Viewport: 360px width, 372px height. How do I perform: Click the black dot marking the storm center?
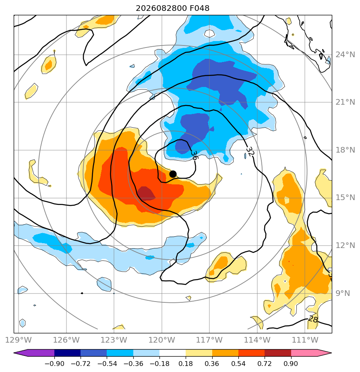click(x=173, y=174)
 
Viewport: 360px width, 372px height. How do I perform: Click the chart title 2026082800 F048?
click(x=172, y=8)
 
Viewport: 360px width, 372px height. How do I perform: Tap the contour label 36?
click(x=194, y=155)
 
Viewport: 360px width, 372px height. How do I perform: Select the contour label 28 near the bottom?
click(x=312, y=319)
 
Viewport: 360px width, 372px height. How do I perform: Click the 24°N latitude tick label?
click(x=345, y=55)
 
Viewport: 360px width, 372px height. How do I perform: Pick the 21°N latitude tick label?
click(x=345, y=102)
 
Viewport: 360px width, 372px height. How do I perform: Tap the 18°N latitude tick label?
click(x=345, y=150)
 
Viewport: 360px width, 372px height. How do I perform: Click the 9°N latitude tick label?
click(x=343, y=293)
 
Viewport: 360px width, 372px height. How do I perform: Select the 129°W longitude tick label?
click(x=18, y=340)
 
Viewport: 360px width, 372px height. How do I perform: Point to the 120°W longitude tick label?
click(x=161, y=340)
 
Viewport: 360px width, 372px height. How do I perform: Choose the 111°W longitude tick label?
click(x=305, y=340)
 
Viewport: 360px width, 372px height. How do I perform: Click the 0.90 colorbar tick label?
click(x=291, y=364)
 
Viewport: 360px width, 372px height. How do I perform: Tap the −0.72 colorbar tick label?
click(x=81, y=364)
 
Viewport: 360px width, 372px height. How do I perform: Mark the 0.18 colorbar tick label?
click(x=186, y=364)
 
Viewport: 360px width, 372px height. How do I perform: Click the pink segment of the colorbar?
click(x=304, y=353)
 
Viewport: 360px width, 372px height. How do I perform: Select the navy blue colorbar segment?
click(x=67, y=353)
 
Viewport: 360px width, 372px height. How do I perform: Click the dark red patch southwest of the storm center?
click(x=146, y=193)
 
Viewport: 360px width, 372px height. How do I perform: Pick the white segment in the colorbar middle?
click(x=172, y=353)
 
